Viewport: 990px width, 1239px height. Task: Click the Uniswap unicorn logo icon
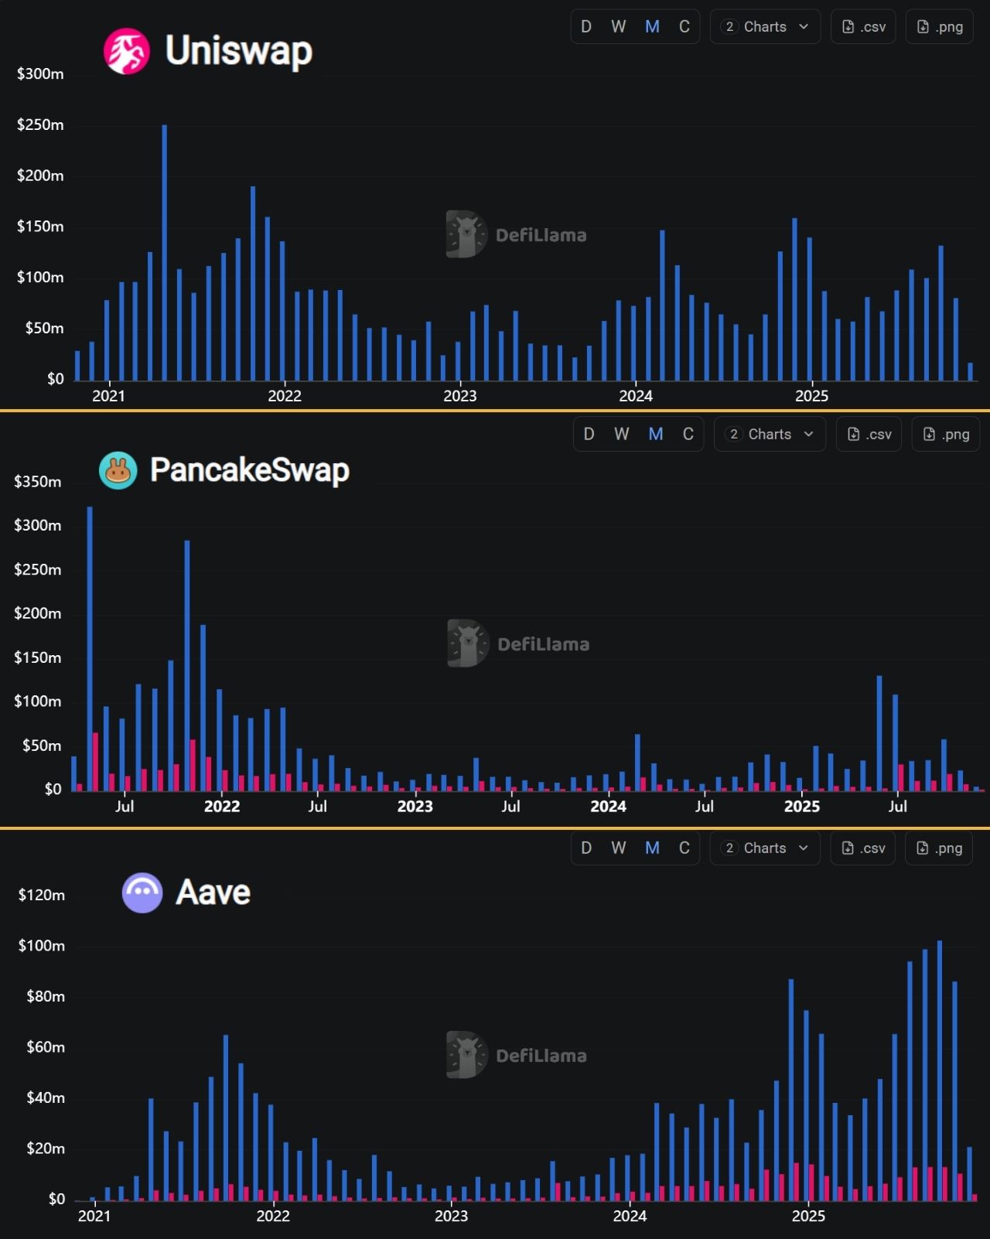[x=127, y=51]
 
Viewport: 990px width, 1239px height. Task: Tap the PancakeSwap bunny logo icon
[x=118, y=470]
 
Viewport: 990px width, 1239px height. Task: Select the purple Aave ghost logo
[x=142, y=893]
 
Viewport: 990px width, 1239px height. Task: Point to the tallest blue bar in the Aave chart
[x=940, y=1070]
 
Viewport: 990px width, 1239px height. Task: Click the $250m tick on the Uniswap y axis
[x=40, y=125]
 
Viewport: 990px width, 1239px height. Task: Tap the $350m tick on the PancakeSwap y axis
[x=37, y=481]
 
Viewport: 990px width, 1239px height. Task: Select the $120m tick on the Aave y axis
[x=42, y=895]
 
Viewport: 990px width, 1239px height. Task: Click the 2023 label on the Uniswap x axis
[x=460, y=396]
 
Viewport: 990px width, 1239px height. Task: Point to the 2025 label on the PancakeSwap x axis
[x=802, y=806]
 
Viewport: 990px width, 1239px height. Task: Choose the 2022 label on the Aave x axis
[x=273, y=1216]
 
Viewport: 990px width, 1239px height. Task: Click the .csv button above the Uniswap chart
[x=863, y=27]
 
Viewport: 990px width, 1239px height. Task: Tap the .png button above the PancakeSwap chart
[x=946, y=434]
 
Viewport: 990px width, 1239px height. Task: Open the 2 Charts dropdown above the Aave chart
[x=765, y=848]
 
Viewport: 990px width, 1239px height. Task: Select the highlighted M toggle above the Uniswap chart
[x=652, y=27]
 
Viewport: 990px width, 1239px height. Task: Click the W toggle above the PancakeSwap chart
[x=622, y=434]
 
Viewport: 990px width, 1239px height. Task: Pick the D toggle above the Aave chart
[x=586, y=848]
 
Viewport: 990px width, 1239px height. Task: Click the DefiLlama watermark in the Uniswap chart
[x=517, y=234]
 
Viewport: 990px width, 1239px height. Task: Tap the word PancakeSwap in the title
[x=250, y=470]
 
